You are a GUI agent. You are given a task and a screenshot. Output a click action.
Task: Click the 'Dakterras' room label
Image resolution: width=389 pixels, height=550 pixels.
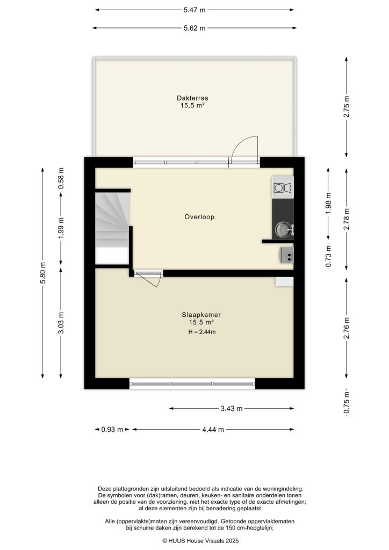192,98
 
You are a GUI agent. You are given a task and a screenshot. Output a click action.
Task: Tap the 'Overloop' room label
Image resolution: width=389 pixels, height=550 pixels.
200,217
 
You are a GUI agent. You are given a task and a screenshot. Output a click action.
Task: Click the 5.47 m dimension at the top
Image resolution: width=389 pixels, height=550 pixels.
195,10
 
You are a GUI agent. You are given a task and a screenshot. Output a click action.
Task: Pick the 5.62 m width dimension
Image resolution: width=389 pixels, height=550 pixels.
195,28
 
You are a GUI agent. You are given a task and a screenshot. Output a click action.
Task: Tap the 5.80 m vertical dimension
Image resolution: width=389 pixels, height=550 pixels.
42,272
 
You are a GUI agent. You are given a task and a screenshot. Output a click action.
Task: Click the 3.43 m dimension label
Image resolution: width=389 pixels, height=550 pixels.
232,409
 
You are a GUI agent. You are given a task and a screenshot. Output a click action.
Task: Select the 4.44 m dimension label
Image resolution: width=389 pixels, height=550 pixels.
213,429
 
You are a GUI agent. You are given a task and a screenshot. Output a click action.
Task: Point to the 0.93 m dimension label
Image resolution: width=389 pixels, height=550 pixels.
112,429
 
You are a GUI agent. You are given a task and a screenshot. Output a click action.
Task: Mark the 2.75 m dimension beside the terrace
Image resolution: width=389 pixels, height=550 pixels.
347,106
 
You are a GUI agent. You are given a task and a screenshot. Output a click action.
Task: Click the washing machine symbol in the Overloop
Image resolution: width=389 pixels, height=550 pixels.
283,187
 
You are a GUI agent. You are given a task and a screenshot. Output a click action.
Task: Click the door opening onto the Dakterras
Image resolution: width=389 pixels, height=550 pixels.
243,149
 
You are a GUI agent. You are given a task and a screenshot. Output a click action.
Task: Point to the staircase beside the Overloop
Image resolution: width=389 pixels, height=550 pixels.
112,220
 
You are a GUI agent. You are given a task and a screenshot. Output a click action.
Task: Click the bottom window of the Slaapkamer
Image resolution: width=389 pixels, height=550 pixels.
192,383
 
